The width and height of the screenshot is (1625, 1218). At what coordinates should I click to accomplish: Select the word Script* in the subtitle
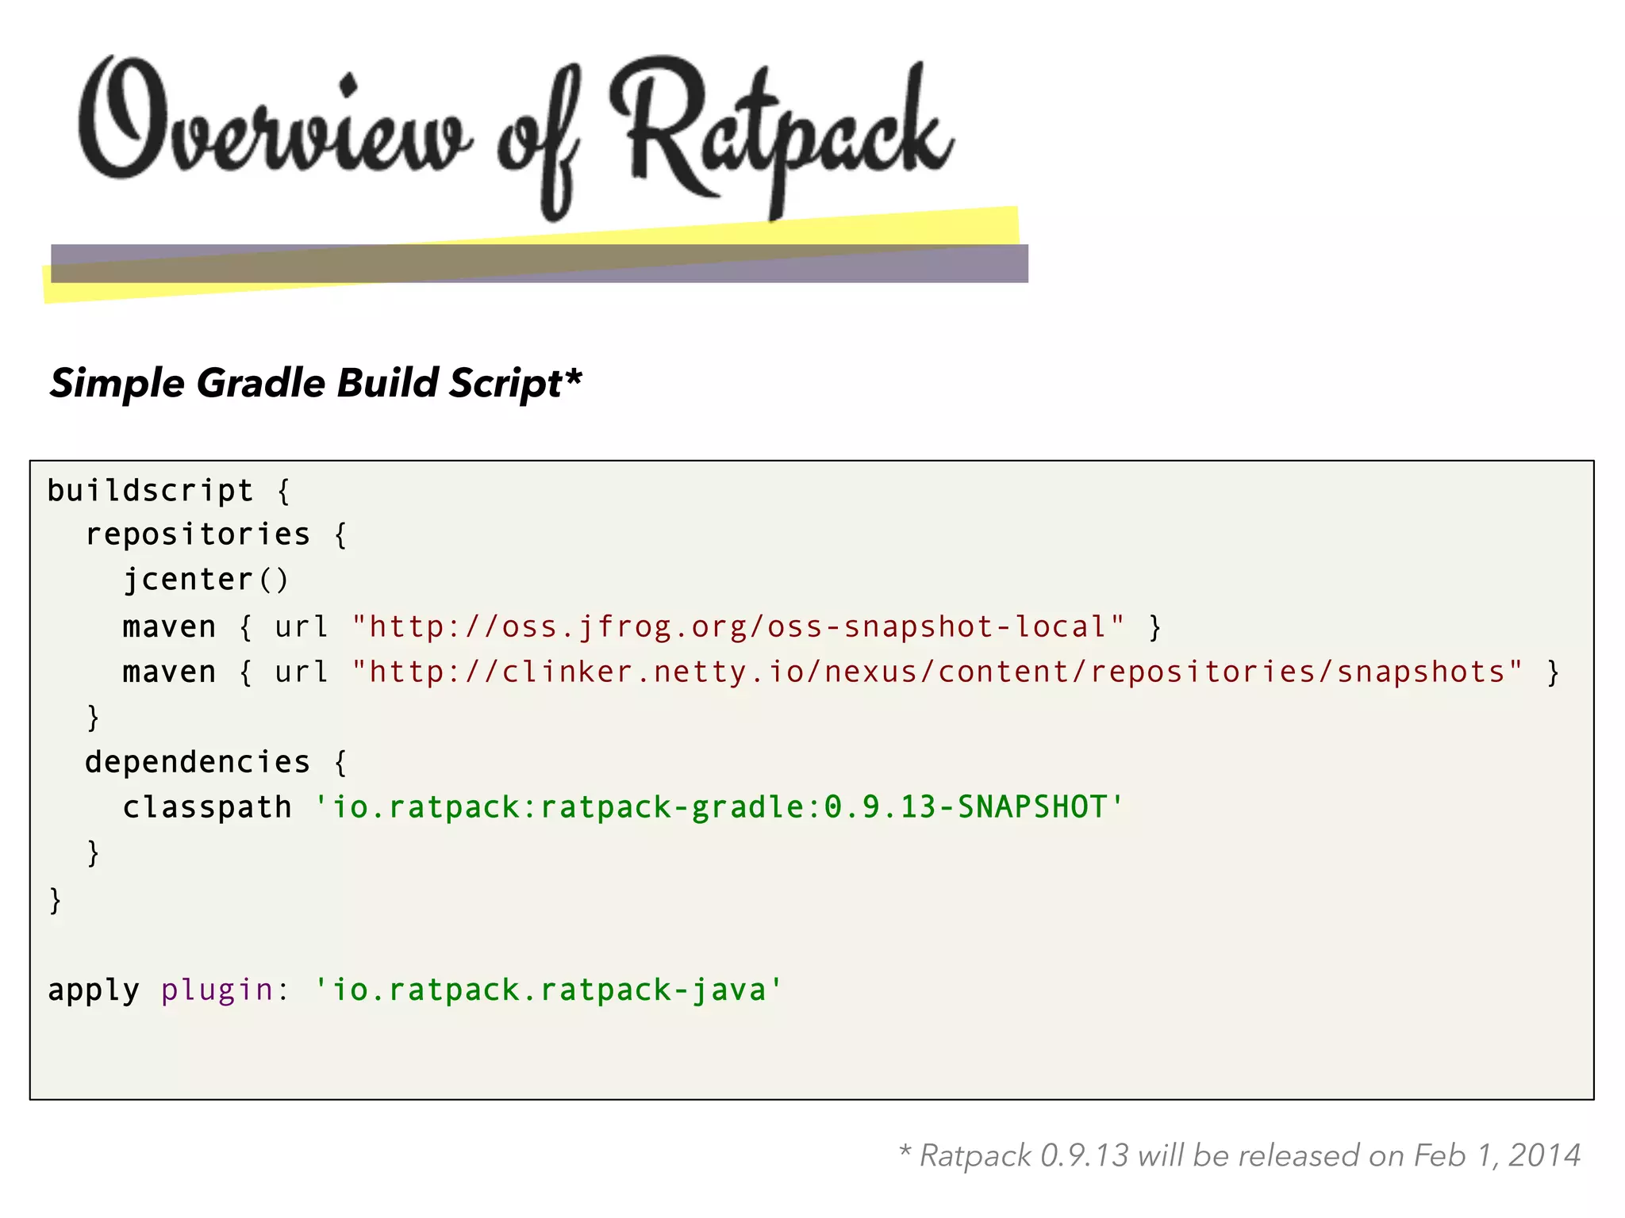pos(515,383)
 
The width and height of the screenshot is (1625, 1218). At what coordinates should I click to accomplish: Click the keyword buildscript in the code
pos(150,491)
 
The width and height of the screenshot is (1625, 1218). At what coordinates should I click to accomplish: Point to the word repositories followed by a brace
pos(198,534)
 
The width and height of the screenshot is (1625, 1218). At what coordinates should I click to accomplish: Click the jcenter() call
pos(206,580)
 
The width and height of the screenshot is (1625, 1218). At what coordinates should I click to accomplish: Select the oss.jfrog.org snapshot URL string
pos(738,627)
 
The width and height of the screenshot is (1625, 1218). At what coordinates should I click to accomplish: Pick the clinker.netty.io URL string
pos(937,672)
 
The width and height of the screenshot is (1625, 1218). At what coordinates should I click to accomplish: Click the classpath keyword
pos(207,807)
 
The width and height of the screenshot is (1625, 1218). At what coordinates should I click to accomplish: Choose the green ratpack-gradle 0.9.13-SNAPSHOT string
pos(719,807)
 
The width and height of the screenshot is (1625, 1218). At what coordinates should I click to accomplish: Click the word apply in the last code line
pos(93,990)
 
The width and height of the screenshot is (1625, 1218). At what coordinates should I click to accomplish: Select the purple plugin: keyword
pos(225,990)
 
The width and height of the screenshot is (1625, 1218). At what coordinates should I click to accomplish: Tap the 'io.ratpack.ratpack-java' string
pos(548,990)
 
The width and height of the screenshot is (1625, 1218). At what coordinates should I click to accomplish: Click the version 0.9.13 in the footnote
pos(1083,1155)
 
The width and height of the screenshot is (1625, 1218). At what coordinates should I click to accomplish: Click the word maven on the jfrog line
pos(168,627)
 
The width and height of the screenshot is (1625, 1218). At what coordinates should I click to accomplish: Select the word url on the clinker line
pos(301,672)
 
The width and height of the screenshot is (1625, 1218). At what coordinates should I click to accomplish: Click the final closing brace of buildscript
pos(55,900)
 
